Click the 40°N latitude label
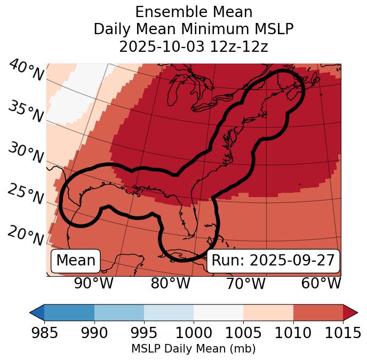pyautogui.click(x=26, y=71)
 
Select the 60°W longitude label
pyautogui.click(x=321, y=283)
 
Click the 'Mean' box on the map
pyautogui.click(x=76, y=261)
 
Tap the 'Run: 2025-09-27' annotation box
pyautogui.click(x=273, y=261)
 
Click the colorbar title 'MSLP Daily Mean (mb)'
pyautogui.click(x=194, y=349)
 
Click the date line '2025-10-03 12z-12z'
pyautogui.click(x=194, y=46)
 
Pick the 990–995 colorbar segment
pyautogui.click(x=119, y=312)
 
